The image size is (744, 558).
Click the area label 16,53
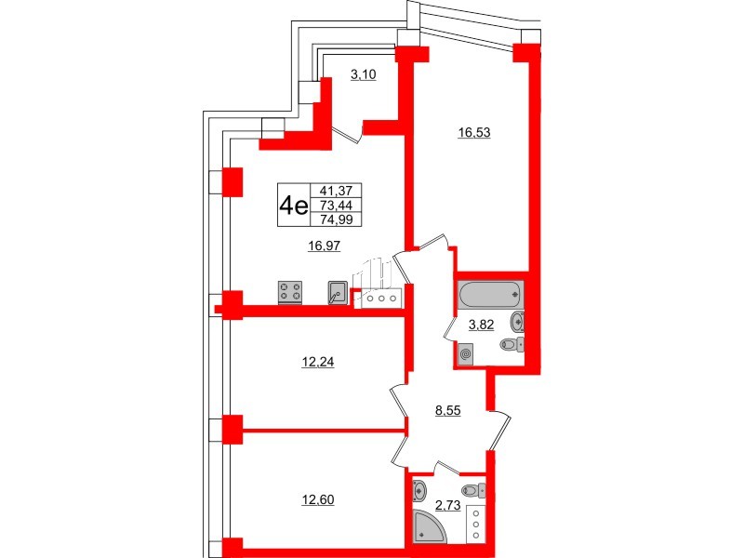pos(473,133)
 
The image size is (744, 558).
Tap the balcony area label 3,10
pos(363,76)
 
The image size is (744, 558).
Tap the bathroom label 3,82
pos(480,325)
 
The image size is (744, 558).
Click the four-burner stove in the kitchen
pos(291,293)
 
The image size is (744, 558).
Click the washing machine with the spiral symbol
pos(466,353)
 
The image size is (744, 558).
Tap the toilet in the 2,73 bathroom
pos(475,490)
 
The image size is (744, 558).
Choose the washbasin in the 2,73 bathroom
pos(419,490)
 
